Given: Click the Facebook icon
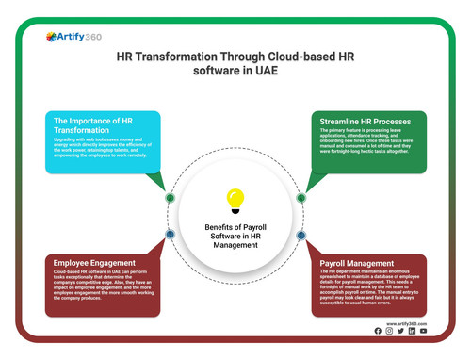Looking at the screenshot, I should pyautogui.click(x=379, y=331).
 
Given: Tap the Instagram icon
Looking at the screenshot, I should pyautogui.click(x=390, y=331).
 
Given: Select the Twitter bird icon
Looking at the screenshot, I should pyautogui.click(x=401, y=331).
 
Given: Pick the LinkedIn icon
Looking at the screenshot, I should pyautogui.click(x=413, y=331).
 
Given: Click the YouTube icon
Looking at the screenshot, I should pyautogui.click(x=424, y=331).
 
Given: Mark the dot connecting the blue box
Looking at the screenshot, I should pyautogui.click(x=170, y=198).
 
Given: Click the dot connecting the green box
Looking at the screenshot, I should pyautogui.click(x=301, y=198).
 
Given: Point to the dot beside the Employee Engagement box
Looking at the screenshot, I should pyautogui.click(x=170, y=234).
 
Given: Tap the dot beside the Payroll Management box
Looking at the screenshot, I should pyautogui.click(x=301, y=234).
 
